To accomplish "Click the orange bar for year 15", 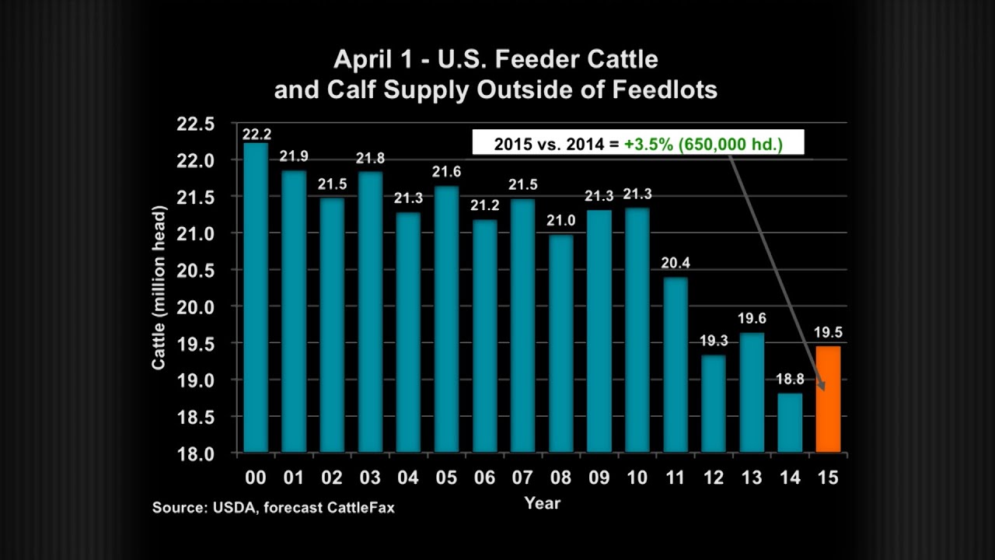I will coord(828,399).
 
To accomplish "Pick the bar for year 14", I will coord(790,422).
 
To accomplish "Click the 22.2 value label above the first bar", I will coord(256,135).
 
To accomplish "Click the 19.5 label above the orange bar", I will coord(828,333).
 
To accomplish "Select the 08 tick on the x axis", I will coord(560,478).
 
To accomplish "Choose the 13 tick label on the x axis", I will coord(752,478).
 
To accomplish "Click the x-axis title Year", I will coord(542,502).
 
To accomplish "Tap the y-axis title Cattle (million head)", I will coord(159,288).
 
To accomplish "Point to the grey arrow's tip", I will coord(822,390).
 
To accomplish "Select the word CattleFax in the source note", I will coord(360,508).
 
